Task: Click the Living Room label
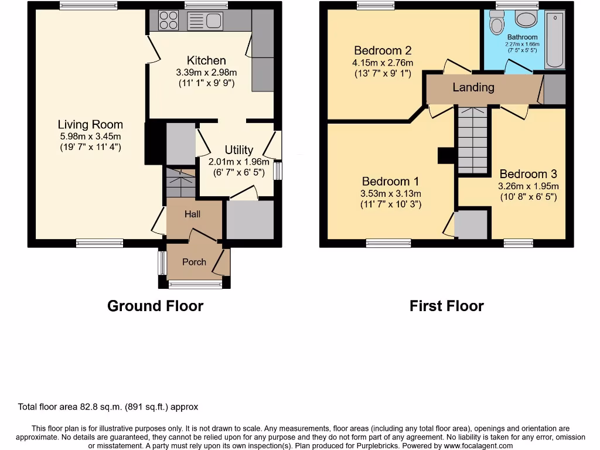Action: click(90, 124)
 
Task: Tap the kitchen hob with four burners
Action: click(169, 21)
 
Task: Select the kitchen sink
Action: click(205, 21)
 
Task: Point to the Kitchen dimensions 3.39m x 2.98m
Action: click(206, 73)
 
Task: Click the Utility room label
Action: click(238, 150)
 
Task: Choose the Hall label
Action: click(192, 214)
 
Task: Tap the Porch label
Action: click(194, 262)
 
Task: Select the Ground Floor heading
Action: click(155, 306)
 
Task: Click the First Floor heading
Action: click(446, 306)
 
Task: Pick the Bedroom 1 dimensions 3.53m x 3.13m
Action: click(391, 194)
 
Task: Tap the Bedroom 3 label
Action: click(528, 174)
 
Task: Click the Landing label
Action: click(473, 87)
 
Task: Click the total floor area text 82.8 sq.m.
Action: click(108, 407)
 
